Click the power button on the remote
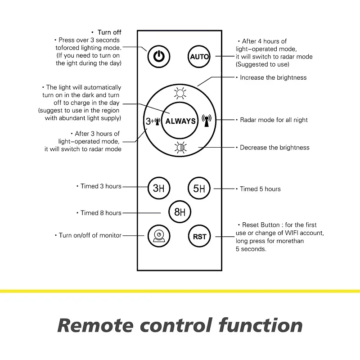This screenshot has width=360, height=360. [x=158, y=56]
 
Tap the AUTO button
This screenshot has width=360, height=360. [x=199, y=56]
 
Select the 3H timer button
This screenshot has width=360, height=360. [x=159, y=188]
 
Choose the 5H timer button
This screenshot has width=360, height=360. [x=199, y=188]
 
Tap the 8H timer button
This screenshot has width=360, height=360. [x=180, y=212]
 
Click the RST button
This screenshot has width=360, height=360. [x=199, y=236]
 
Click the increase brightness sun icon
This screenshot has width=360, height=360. [x=180, y=94]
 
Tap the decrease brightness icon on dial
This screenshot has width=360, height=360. [x=180, y=147]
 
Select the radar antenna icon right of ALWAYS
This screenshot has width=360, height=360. [x=207, y=121]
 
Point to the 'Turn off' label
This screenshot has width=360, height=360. [x=109, y=32]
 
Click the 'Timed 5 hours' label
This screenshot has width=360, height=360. [x=260, y=189]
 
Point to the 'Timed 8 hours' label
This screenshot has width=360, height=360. [x=101, y=213]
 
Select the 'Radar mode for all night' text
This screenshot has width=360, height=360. [x=274, y=120]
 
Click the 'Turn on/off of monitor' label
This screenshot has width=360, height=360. [x=90, y=235]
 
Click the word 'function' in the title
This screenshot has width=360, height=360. [x=261, y=325]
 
